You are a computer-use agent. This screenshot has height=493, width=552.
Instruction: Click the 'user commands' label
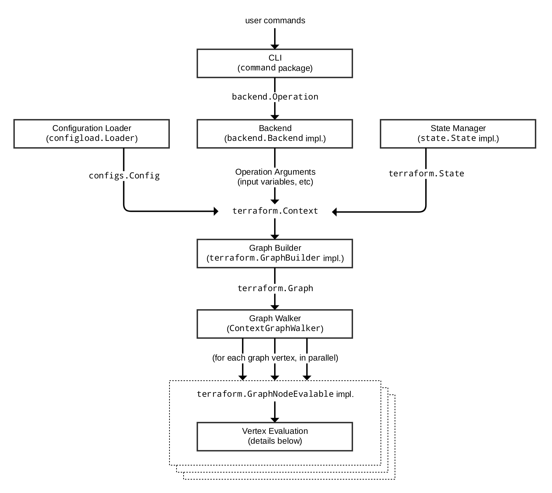pos(275,21)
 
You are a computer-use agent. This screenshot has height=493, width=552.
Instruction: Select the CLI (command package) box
pos(275,63)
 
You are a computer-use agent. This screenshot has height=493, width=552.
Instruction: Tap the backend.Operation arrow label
pos(275,97)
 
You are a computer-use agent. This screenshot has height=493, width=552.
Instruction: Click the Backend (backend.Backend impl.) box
pos(275,134)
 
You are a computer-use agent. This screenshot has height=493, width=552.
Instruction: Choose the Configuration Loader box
pos(92,134)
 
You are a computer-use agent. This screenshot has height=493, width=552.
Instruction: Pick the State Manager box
pos(458,134)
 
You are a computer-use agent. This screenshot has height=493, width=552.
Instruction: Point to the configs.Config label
pos(124,176)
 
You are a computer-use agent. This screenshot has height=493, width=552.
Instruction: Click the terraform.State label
pos(426,173)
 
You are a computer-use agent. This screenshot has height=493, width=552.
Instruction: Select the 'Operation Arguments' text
pos(275,172)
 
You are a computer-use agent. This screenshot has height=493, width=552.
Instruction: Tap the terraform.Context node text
pos(275,211)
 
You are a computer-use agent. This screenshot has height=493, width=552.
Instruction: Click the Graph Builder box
pos(275,254)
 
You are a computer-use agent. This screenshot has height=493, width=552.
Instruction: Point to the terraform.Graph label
pos(275,288)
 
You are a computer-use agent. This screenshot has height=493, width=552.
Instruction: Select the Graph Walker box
pos(275,324)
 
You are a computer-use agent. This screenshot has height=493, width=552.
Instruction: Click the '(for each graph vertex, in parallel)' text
pos(275,358)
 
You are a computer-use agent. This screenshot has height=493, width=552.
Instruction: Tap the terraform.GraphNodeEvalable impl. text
pos(275,394)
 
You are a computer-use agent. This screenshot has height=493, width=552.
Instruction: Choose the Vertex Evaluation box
pos(275,436)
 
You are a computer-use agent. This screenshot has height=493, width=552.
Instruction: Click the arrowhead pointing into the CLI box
pos(275,46)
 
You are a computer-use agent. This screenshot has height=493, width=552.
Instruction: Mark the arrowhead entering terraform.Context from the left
pos(216,211)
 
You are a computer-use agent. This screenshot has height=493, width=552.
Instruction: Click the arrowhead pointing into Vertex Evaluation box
pos(275,420)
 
